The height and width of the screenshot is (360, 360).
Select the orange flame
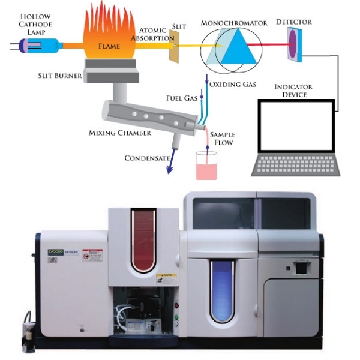coord(107,36)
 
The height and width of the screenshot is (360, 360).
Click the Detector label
coord(293,22)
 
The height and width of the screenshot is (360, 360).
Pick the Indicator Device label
coord(294,91)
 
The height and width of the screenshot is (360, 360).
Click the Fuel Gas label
coord(182,97)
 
